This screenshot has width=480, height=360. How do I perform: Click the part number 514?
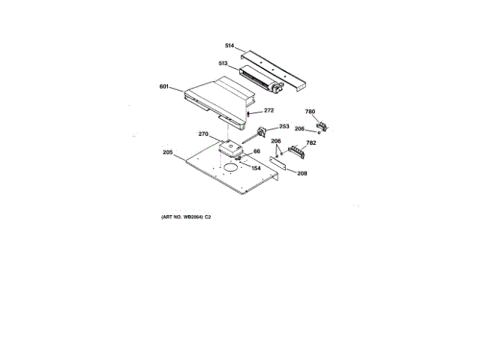tap(229, 46)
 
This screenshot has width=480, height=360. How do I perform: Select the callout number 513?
tap(223, 64)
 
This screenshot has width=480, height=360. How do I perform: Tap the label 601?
tap(164, 86)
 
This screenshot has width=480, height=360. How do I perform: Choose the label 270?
tap(203, 134)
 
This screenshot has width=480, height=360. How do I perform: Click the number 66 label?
tap(256, 151)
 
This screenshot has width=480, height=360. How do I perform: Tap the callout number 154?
tap(256, 168)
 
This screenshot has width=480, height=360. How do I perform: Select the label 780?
tap(310, 112)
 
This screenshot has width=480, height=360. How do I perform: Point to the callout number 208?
tap(301, 173)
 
